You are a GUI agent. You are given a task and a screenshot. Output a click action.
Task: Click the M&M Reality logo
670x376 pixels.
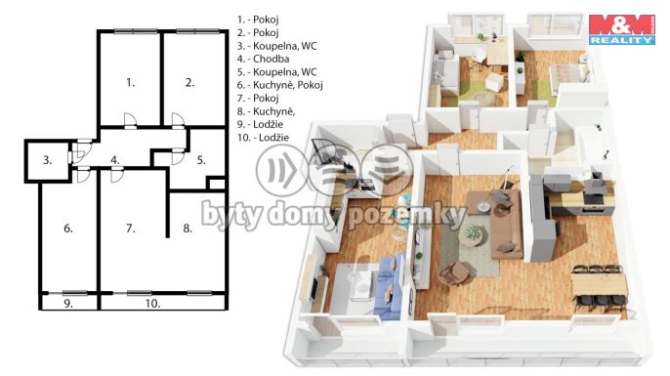coord(622,29)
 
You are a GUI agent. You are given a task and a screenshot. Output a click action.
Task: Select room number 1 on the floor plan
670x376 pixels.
coord(131,82)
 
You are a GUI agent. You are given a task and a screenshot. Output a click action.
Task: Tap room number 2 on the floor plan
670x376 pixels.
coord(190,82)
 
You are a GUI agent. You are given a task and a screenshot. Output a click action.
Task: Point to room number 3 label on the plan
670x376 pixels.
coord(48,160)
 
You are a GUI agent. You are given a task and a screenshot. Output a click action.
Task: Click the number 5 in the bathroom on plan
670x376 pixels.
coord(201,160)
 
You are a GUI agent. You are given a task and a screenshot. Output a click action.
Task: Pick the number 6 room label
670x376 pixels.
coord(68,229)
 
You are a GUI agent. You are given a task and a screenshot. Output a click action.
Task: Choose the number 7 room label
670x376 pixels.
coord(131,229)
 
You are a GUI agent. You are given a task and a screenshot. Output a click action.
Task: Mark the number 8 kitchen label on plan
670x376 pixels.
coord(188,229)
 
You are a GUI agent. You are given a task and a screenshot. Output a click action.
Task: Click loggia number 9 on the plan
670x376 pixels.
coord(68,304)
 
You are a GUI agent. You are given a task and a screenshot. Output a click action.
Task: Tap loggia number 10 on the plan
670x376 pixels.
coord(152,304)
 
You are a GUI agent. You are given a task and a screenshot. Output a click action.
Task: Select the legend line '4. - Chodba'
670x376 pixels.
coord(264,59)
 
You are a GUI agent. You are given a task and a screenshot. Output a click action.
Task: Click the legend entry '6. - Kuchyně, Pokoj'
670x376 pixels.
coord(280,85)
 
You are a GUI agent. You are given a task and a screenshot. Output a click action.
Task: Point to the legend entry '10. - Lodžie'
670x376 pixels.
coord(264,138)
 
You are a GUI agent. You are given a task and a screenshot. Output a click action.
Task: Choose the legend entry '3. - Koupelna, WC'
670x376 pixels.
coord(277,46)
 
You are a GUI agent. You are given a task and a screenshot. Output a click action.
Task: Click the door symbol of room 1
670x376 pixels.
coord(130,121)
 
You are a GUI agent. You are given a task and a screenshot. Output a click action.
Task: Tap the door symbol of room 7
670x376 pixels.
coord(116,175)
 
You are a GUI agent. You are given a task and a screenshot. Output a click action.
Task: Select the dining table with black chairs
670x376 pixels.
coord(599,287)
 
